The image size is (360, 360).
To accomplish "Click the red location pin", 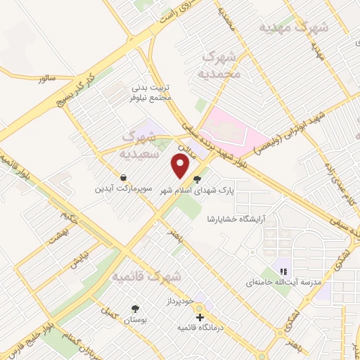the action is (181, 166).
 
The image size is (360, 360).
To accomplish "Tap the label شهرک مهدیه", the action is (293, 27).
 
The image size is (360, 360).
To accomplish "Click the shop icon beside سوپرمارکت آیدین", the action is (124, 178).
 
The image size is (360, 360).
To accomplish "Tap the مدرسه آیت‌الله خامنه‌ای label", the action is (283, 283).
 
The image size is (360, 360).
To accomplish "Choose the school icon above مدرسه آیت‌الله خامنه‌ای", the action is (283, 271).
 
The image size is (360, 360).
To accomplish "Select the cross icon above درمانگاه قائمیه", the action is (200, 317).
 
